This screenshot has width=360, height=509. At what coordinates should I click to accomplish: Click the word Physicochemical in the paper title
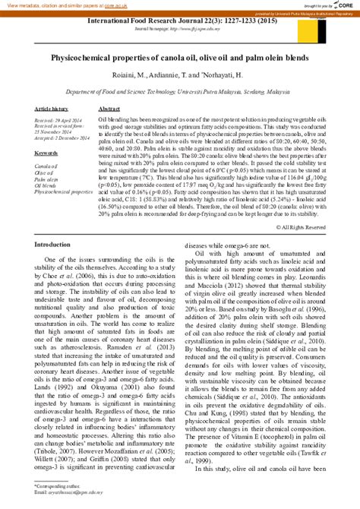(85, 56)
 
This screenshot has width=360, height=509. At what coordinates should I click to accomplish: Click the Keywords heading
(46, 153)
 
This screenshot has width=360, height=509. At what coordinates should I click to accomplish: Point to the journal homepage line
(180, 30)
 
